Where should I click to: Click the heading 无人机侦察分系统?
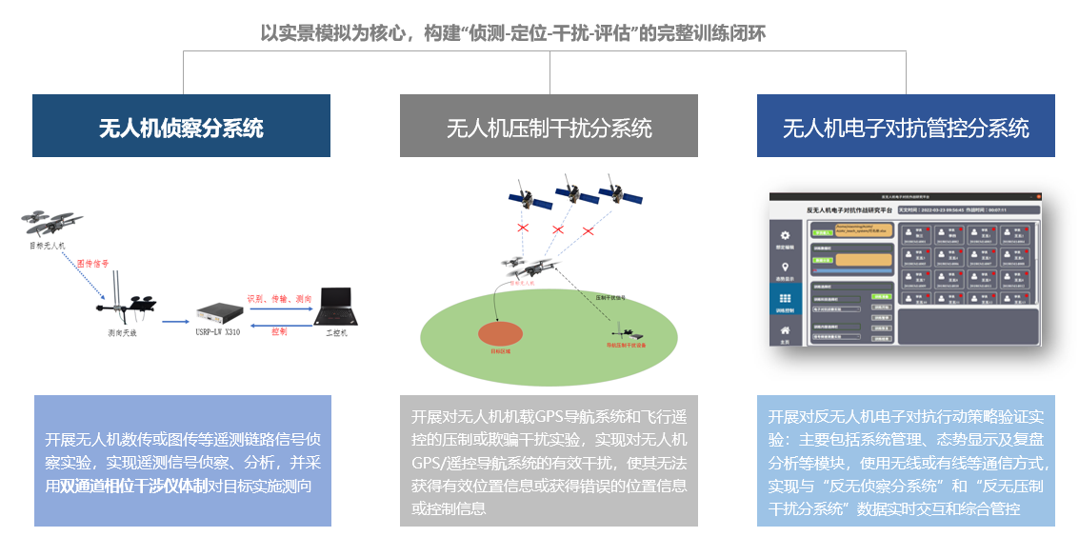click(181, 128)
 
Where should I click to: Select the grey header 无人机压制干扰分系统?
click(549, 128)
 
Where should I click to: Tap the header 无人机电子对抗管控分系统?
click(906, 128)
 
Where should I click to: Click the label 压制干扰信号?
click(609, 298)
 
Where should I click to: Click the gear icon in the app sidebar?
click(786, 235)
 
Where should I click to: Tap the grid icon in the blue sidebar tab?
click(786, 300)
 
